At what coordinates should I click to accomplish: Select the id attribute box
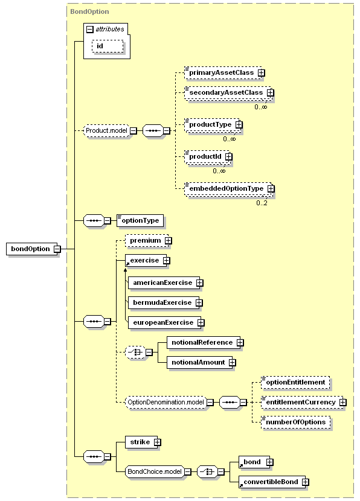coord(108,46)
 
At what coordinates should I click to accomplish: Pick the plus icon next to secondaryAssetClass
coord(271,93)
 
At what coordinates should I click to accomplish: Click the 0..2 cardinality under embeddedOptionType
coord(262,203)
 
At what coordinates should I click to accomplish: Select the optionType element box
coord(140,220)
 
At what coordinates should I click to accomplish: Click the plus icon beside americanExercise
coord(199,283)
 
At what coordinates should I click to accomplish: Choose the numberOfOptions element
coord(296,422)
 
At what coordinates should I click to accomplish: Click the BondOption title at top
coord(89,11)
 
